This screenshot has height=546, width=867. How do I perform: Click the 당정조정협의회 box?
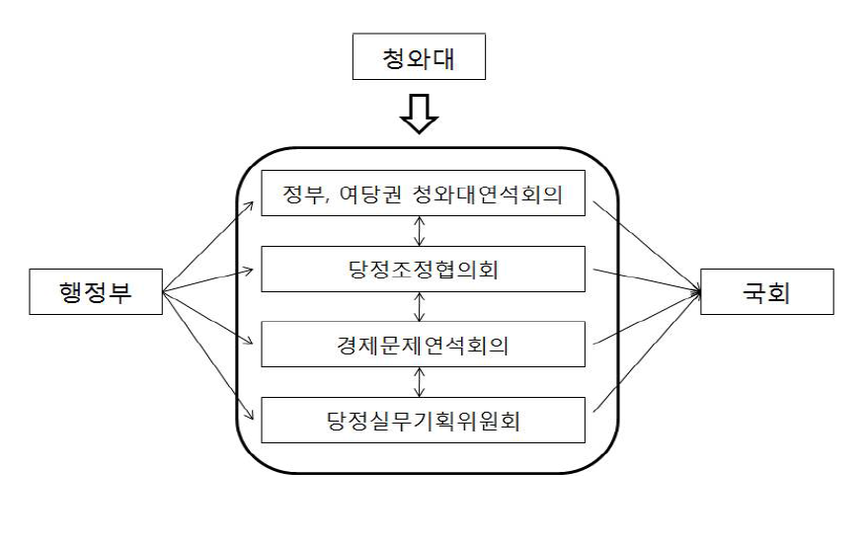pyautogui.click(x=424, y=268)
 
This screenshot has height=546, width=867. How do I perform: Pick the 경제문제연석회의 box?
pyautogui.click(x=424, y=345)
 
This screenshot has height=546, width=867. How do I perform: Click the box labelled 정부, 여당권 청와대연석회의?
pyautogui.click(x=424, y=194)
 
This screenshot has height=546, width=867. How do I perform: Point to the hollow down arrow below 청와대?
pyautogui.click(x=420, y=117)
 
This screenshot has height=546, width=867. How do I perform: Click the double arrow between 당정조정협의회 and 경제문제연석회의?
pyautogui.click(x=422, y=306)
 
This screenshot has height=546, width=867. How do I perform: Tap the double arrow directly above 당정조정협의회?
pyautogui.click(x=422, y=230)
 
